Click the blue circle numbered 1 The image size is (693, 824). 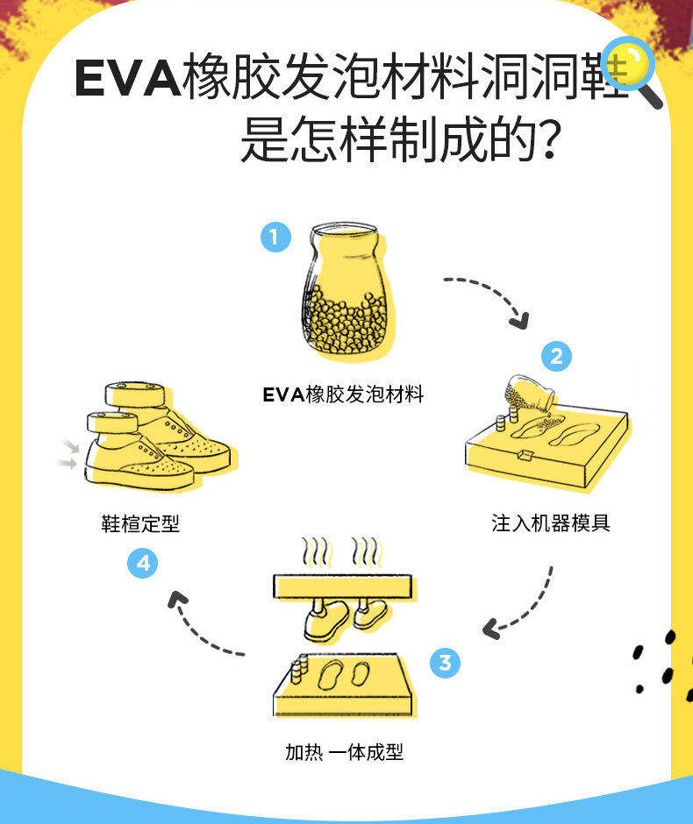(275, 237)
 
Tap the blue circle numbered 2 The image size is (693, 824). (556, 357)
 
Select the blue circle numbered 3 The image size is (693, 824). (445, 663)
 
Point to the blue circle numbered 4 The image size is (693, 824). (144, 563)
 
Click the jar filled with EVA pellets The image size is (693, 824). (347, 298)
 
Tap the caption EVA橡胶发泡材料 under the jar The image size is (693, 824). (343, 395)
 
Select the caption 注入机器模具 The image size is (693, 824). (551, 523)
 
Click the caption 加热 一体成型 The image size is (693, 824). (344, 752)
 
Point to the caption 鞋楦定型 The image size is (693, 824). (140, 523)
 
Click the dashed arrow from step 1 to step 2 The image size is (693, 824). (491, 296)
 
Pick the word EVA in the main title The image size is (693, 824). (127, 78)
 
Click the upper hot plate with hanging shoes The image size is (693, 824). (342, 585)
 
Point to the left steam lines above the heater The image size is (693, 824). (316, 552)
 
